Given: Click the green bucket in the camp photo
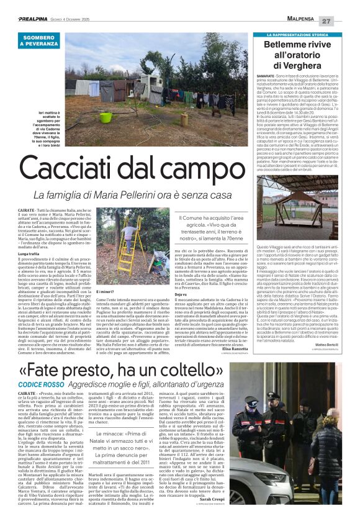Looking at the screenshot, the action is (106, 117).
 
